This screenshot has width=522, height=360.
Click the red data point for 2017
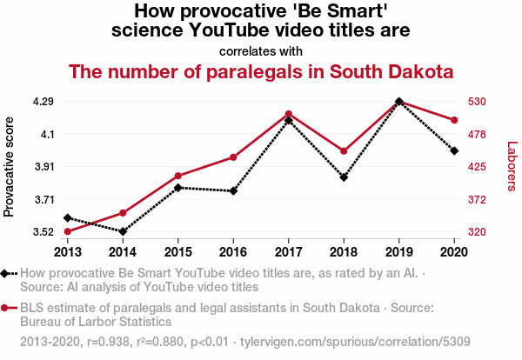point(288,114)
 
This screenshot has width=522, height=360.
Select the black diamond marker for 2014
point(123,231)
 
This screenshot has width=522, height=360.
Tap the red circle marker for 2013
point(67,231)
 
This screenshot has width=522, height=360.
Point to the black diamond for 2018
point(344,177)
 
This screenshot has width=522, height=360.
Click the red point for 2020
point(453,120)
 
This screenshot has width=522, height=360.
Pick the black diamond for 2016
point(233,191)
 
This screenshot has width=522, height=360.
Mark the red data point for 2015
point(177,176)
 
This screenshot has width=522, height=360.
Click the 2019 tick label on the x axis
point(398,252)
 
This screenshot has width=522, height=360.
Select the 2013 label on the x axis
point(67,252)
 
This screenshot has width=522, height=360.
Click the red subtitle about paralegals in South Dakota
point(261,71)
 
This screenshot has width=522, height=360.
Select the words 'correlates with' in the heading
point(261,50)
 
